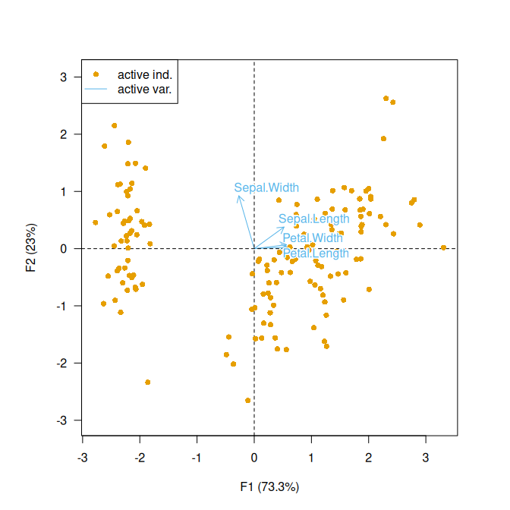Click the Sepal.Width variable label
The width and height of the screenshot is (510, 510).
[x=266, y=187]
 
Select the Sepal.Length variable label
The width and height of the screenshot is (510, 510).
[x=314, y=219]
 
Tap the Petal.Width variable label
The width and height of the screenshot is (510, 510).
[x=313, y=238]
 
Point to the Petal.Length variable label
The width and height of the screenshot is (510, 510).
[x=316, y=253]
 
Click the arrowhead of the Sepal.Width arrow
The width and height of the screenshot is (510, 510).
[x=238, y=197]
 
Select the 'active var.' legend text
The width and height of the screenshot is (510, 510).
[x=145, y=89]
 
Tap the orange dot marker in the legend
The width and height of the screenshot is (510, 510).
[x=96, y=74]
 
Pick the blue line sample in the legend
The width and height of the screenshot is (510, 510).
[x=96, y=89]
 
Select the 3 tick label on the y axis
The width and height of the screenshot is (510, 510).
[x=65, y=77]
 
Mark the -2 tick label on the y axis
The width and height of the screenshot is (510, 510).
[x=62, y=363]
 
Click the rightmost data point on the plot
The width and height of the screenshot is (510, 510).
[x=443, y=247]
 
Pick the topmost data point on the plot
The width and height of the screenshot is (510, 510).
[x=386, y=99]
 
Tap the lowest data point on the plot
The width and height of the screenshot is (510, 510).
[x=247, y=400]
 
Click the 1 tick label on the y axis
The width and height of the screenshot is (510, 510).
[x=65, y=191]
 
